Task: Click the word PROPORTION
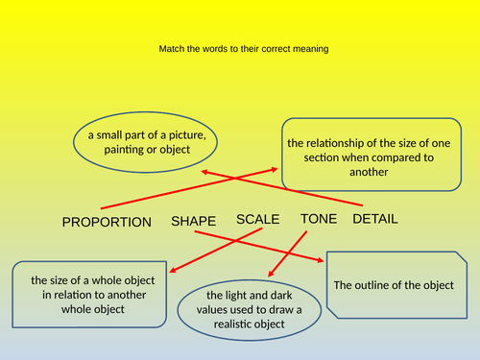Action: tap(107, 222)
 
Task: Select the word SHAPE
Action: tap(193, 221)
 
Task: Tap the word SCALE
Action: tap(257, 219)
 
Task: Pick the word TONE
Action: tap(319, 219)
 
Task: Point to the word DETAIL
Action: tap(375, 219)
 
